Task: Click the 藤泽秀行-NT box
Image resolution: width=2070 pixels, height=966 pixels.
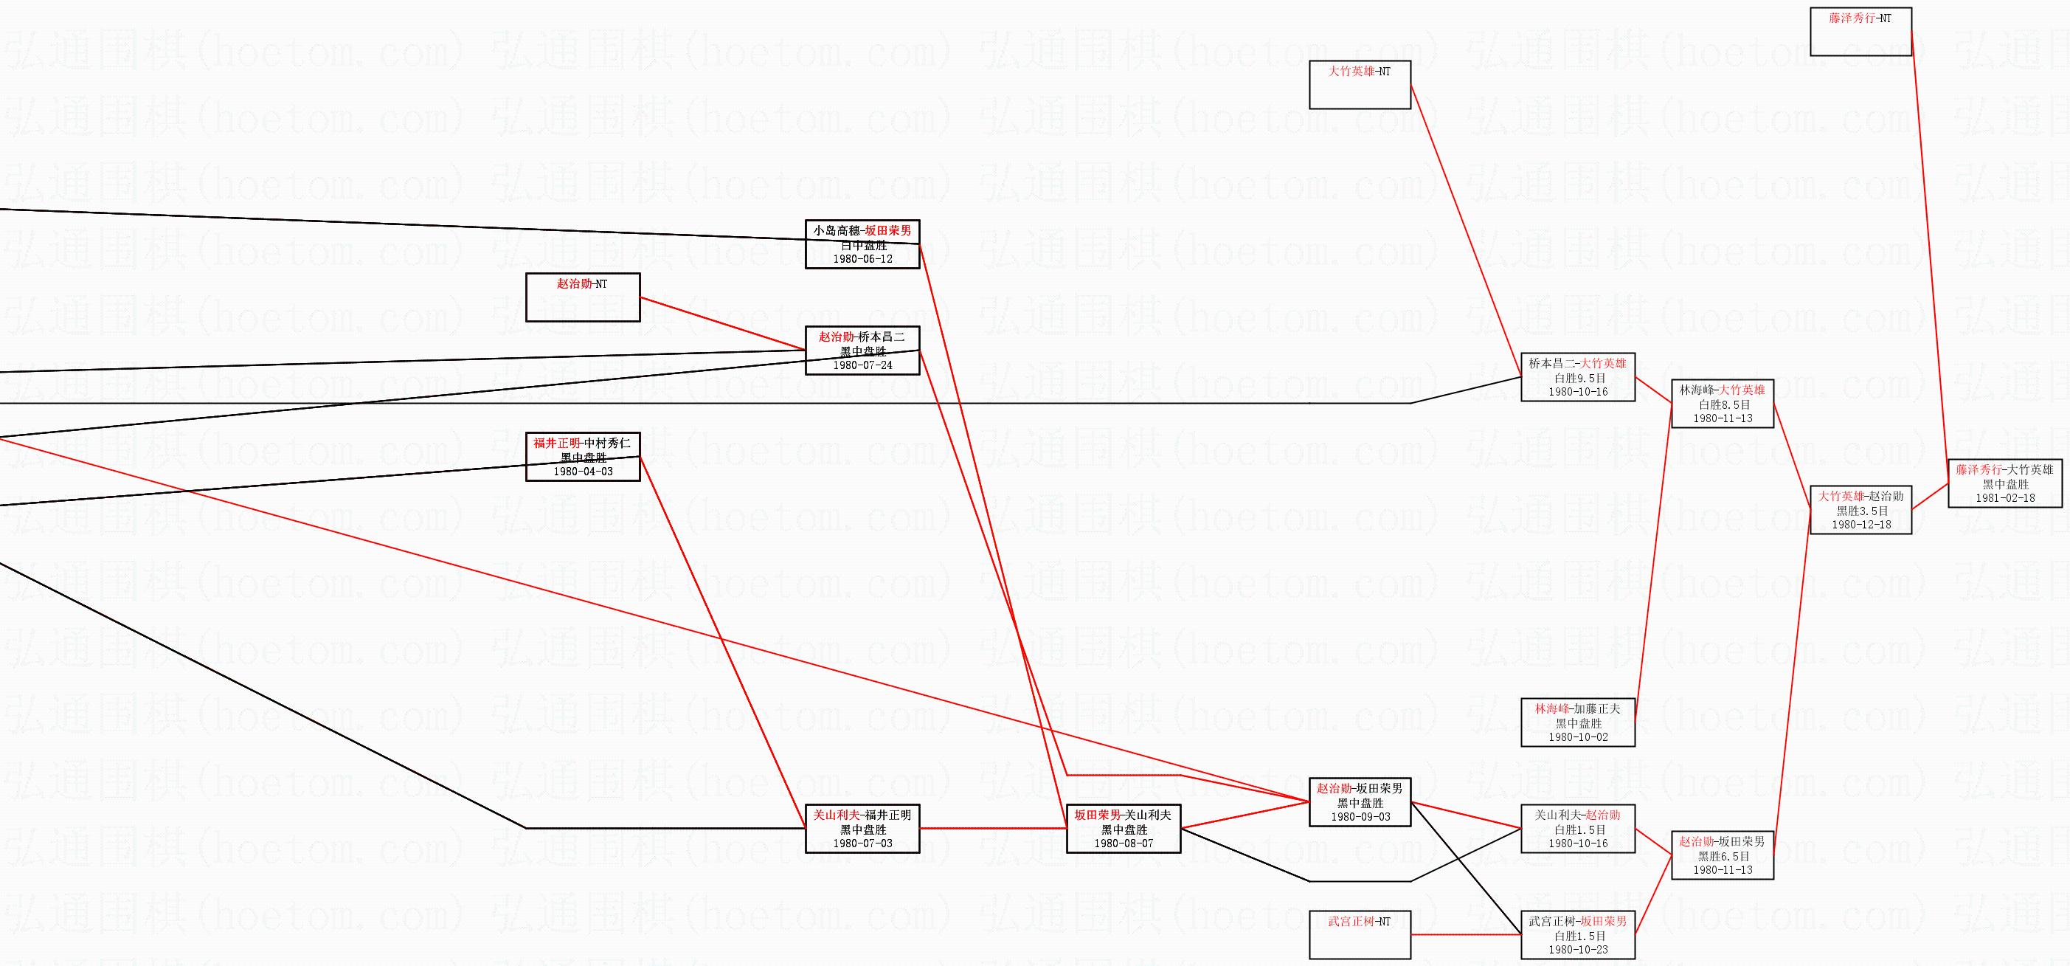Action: pyautogui.click(x=1860, y=31)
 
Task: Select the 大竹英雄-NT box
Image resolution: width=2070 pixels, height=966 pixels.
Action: pyautogui.click(x=1360, y=84)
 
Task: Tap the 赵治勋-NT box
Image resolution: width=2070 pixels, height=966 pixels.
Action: pyautogui.click(x=583, y=297)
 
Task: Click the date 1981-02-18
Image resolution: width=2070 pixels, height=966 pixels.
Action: pyautogui.click(x=2005, y=498)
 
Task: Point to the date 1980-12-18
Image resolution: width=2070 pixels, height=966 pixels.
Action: pyautogui.click(x=1861, y=525)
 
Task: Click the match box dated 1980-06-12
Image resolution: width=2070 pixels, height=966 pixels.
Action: pyautogui.click(x=862, y=244)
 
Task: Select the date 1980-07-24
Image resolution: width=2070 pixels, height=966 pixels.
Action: pyautogui.click(x=862, y=365)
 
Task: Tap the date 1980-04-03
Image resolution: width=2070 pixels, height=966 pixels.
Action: pyautogui.click(x=583, y=472)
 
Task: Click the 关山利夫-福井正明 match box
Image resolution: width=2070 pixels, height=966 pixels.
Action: pyautogui.click(x=862, y=829)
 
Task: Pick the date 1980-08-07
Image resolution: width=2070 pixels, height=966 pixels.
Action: pyautogui.click(x=1124, y=843)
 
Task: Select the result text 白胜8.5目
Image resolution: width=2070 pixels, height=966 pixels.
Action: pyautogui.click(x=1723, y=405)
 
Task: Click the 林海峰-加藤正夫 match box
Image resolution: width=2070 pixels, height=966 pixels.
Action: pyautogui.click(x=1577, y=722)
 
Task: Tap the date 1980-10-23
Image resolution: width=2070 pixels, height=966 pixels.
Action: pyautogui.click(x=1578, y=950)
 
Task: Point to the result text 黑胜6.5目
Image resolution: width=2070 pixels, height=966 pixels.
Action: pyautogui.click(x=1723, y=857)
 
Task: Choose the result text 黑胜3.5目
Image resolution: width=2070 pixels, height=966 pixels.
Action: pyautogui.click(x=1861, y=511)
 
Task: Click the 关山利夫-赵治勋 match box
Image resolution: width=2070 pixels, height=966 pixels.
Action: pyautogui.click(x=1577, y=829)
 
